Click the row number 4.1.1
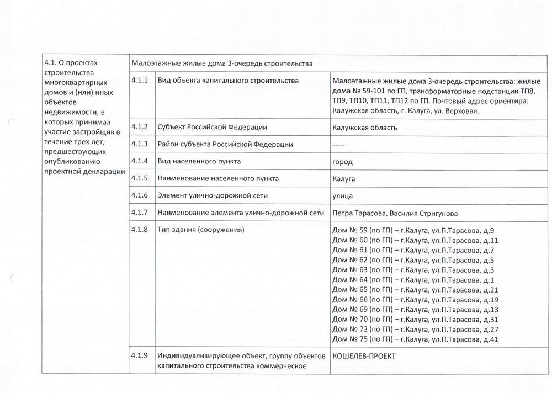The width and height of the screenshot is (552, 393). (140, 81)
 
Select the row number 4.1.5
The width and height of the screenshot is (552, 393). (140, 179)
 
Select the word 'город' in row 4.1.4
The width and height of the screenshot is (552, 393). (343, 162)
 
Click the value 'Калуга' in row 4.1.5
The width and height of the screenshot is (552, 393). (344, 179)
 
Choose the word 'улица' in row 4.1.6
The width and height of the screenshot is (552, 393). (343, 196)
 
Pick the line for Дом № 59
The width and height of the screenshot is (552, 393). (414, 231)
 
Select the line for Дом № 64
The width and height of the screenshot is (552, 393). (414, 280)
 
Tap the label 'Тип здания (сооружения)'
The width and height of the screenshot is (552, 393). (200, 230)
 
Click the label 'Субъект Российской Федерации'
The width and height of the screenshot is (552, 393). (213, 128)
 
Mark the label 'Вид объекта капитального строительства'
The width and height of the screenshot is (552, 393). (228, 81)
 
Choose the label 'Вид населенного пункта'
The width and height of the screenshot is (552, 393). (199, 162)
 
